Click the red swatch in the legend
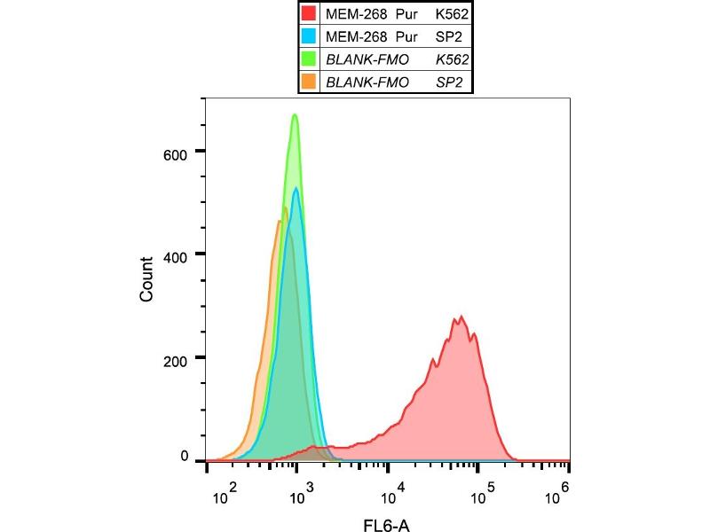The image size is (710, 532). (x=309, y=14)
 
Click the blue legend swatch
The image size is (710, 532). (x=309, y=37)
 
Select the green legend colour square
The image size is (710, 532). (x=309, y=60)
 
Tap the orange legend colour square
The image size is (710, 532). (x=309, y=82)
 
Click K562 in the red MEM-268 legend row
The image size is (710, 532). (x=452, y=14)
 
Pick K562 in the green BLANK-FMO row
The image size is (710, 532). (x=452, y=60)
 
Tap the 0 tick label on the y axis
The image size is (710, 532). (x=185, y=457)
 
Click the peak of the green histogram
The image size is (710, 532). (x=295, y=114)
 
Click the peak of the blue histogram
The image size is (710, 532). (x=296, y=187)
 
